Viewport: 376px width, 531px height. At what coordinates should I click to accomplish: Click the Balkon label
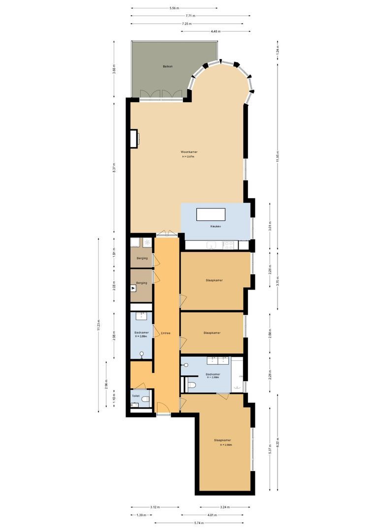(168, 66)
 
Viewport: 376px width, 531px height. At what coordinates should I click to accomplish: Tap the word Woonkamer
(189, 152)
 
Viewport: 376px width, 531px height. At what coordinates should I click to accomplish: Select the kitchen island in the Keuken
(211, 215)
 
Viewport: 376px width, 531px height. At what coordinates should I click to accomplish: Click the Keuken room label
(215, 226)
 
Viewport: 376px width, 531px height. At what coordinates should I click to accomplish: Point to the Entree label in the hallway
(165, 333)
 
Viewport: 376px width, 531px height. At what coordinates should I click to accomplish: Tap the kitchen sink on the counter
(211, 244)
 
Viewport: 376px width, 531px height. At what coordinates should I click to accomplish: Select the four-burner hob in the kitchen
(228, 244)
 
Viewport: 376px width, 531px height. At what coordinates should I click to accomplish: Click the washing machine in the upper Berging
(147, 243)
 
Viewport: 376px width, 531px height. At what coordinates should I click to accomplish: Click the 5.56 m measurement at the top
(173, 8)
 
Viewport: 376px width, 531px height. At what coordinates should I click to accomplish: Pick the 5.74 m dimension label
(199, 523)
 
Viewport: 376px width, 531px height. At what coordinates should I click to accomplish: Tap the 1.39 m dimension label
(141, 515)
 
